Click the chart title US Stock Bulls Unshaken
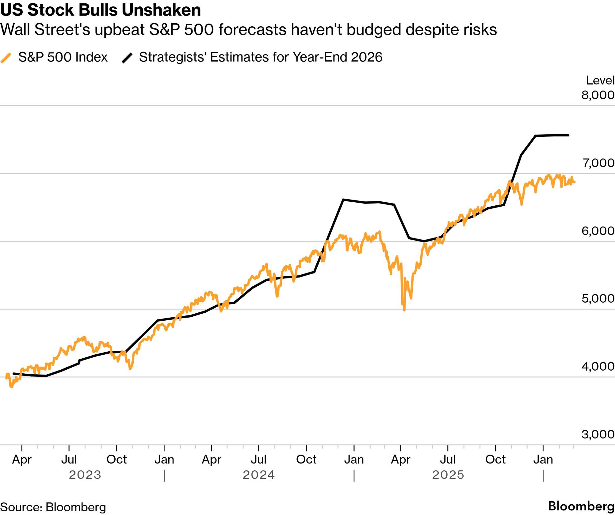[101, 10]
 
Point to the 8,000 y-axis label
[598, 95]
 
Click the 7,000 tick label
[598, 163]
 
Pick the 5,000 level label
[598, 298]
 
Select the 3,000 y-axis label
[598, 434]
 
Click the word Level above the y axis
[600, 80]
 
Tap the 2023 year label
[85, 475]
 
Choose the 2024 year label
[259, 475]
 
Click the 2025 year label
[448, 475]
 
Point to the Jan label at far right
[543, 460]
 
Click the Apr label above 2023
[22, 460]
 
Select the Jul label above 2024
[258, 460]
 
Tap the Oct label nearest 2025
[495, 460]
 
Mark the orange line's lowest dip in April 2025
[404, 310]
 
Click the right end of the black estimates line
[568, 135]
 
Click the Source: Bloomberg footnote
[53, 507]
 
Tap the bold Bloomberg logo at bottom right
[581, 506]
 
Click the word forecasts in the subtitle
[252, 30]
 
